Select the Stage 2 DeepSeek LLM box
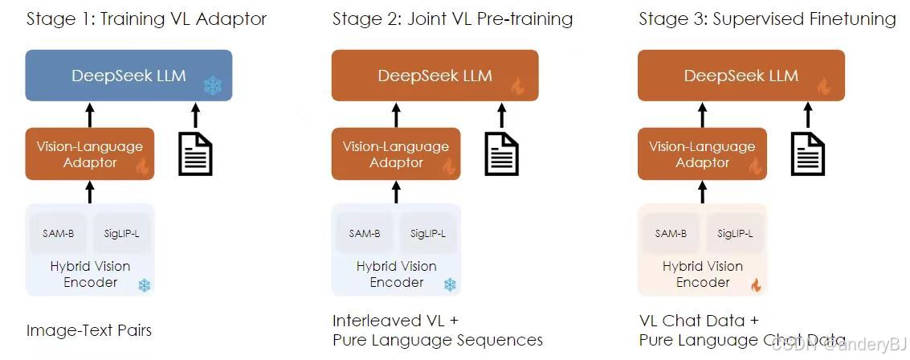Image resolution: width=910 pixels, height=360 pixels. coord(435,76)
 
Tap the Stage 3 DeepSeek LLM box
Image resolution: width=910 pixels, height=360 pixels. coord(741,76)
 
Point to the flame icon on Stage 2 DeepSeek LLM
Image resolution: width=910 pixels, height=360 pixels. coord(518,86)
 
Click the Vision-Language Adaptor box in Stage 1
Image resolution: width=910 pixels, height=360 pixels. coord(88,153)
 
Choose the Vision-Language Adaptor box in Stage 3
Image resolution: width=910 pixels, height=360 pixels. coord(701,153)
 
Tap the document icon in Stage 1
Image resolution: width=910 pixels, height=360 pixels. coord(194,153)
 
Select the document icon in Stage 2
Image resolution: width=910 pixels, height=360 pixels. coord(500,153)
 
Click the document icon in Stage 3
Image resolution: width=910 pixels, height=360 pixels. coord(807,153)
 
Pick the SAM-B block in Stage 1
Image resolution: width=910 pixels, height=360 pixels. coord(59,234)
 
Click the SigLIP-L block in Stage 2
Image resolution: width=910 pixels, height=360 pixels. coord(426,234)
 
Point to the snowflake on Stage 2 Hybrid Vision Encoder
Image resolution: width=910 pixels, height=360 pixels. coord(450,284)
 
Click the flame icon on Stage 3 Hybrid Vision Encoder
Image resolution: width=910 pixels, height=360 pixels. coord(755,284)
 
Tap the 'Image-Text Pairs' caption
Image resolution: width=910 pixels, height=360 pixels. coord(88,330)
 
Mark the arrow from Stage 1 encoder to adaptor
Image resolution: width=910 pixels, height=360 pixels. coord(89,192)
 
